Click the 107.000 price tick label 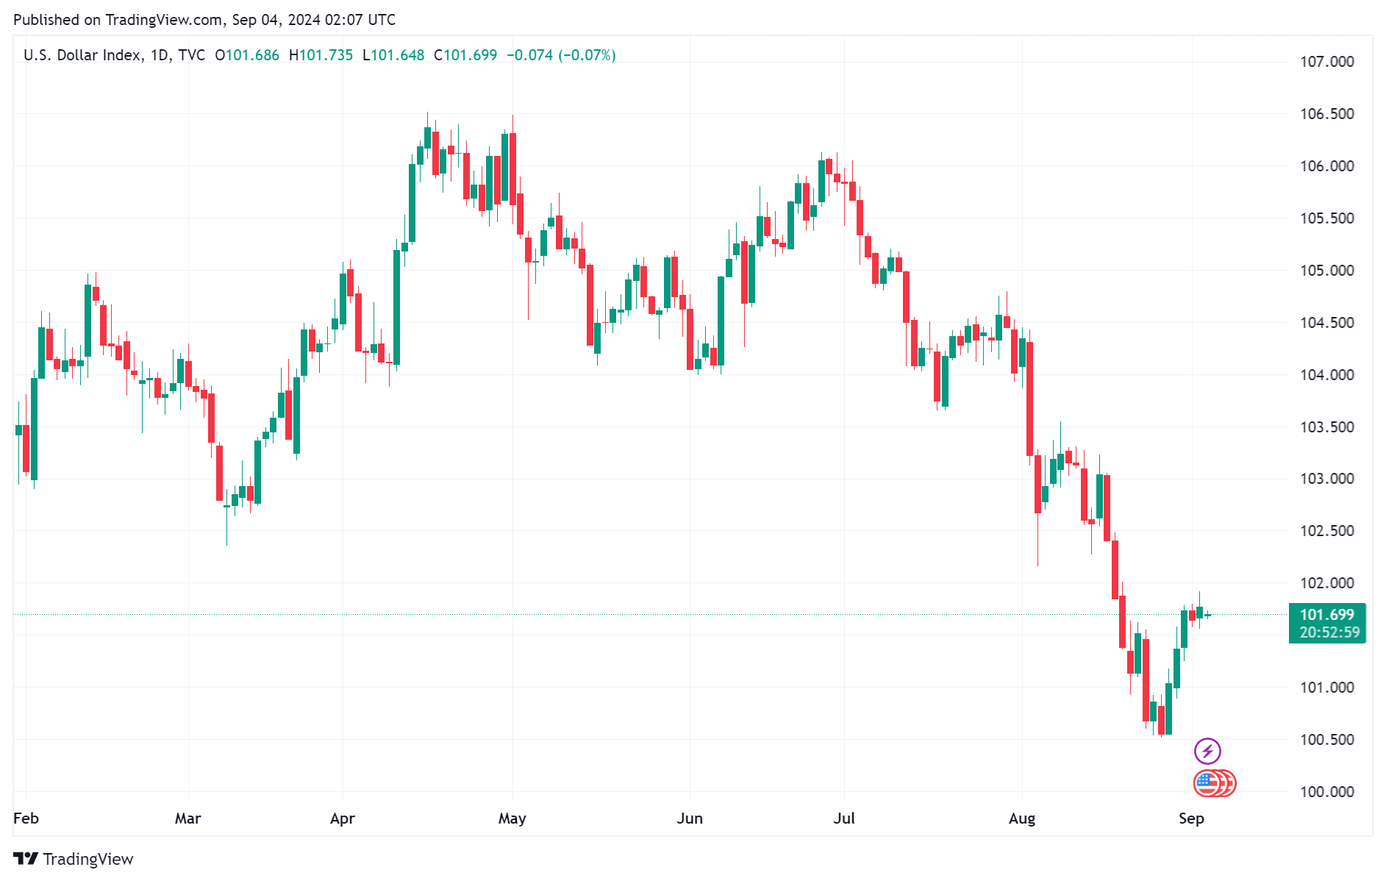pos(1326,62)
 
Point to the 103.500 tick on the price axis pos(1326,427)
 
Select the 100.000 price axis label pos(1326,792)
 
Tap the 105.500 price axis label pos(1326,218)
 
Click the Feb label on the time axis pos(26,818)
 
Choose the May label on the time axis pos(512,818)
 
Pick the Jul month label pos(844,818)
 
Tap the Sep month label pos(1191,818)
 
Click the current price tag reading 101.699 pos(1326,615)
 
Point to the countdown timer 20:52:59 pos(1329,632)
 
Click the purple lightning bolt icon pos(1207,751)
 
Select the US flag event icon pos(1207,783)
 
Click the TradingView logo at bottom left pos(74,859)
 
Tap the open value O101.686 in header pos(247,55)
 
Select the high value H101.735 pos(321,55)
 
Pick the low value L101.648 pos(393,55)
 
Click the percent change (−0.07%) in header pos(587,55)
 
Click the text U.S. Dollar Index pos(82,55)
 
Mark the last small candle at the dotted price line pos(1208,615)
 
